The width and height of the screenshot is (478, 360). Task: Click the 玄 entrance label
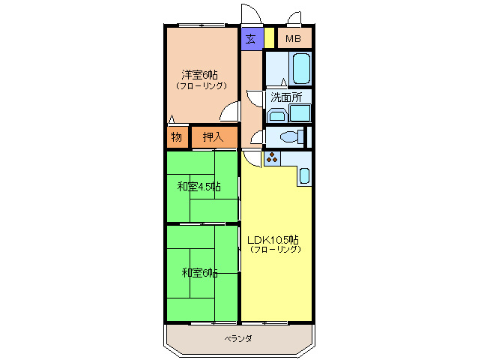(x=252, y=38)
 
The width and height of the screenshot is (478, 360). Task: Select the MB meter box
(x=293, y=38)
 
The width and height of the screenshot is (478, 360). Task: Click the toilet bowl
(x=290, y=136)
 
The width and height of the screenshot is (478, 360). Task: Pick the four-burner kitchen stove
(x=271, y=158)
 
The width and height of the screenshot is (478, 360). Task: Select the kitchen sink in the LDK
(x=303, y=175)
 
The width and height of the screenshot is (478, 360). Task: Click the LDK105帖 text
(x=273, y=239)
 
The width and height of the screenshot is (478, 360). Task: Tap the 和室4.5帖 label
(x=199, y=186)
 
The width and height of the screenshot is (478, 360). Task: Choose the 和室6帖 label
(x=199, y=272)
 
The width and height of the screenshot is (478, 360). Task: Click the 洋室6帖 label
(x=199, y=74)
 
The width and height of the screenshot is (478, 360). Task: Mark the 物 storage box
(x=176, y=136)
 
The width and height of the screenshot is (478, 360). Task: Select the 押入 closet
(x=214, y=136)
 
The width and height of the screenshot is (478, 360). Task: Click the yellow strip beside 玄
(x=269, y=38)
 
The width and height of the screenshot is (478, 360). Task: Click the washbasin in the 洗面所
(x=276, y=115)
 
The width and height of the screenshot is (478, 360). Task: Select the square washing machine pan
(x=300, y=113)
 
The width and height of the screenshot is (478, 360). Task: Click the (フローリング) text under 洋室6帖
(x=202, y=85)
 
